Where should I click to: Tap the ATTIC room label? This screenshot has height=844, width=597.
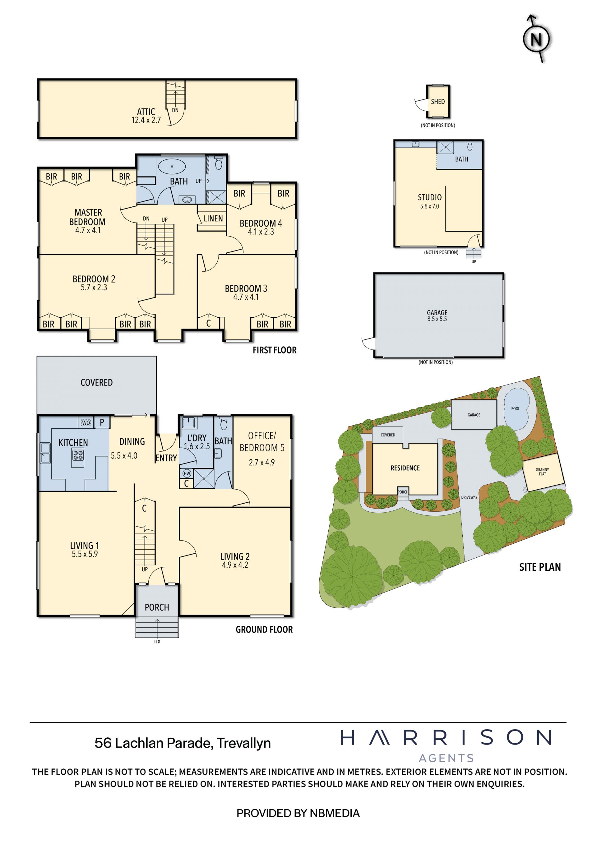tap(146, 111)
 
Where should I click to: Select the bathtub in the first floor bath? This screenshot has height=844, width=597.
tap(172, 166)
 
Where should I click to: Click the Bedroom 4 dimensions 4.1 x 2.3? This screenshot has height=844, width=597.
tap(261, 232)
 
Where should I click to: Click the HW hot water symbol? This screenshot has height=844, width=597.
tap(187, 473)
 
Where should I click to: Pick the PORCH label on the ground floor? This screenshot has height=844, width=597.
tap(157, 607)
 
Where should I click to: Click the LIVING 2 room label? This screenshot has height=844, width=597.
tap(235, 556)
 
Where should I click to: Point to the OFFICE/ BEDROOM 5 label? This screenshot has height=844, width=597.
tap(262, 441)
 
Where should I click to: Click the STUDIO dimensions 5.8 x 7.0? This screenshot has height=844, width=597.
tap(429, 206)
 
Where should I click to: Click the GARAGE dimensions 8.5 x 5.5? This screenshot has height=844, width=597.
tap(437, 319)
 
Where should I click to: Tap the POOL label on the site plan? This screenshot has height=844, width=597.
tap(516, 408)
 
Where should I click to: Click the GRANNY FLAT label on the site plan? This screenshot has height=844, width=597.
tap(542, 472)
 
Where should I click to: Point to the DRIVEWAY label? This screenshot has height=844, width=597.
tap(469, 497)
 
